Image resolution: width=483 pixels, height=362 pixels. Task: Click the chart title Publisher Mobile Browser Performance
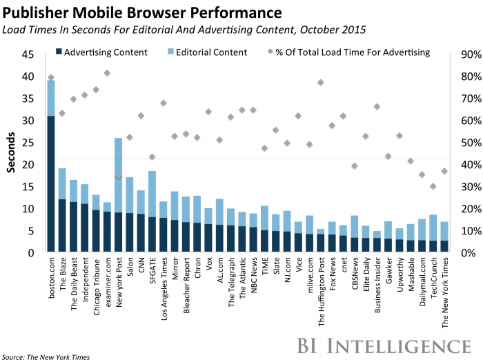pyautogui.click(x=144, y=12)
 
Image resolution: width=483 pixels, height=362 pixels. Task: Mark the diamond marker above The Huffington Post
pyautogui.click(x=321, y=83)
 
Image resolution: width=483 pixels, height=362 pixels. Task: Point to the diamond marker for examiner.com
pyautogui.click(x=107, y=73)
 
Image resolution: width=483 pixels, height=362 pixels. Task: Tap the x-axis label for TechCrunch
pyautogui.click(x=433, y=280)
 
